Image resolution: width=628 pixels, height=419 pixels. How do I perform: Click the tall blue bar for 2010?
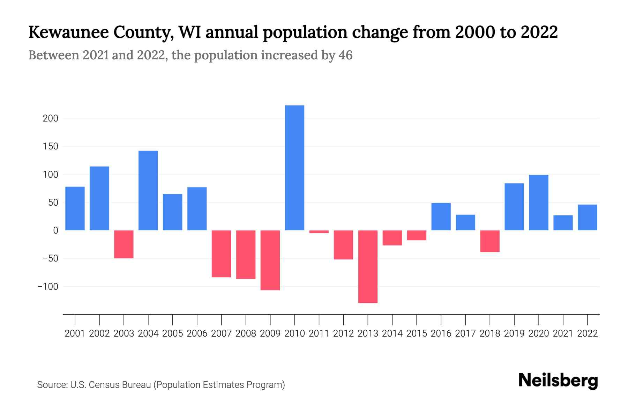coord(294,168)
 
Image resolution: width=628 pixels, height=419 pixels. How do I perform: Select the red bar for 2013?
coord(368,266)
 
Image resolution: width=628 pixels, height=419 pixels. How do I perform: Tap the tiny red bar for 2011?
coord(319,232)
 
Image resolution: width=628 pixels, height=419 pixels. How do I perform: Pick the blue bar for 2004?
coord(148,190)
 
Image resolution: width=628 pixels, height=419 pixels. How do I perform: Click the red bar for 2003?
coord(124,244)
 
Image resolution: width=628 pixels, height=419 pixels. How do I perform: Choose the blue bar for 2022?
coord(588,217)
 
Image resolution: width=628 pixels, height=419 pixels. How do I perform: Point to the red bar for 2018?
coord(490,241)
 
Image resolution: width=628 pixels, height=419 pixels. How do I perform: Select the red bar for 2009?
coord(270,260)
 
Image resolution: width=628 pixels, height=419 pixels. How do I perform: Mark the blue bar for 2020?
coord(539,203)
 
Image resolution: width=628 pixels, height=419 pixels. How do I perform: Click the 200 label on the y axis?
coord(51,118)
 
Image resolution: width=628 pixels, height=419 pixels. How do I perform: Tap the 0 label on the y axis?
coord(55,230)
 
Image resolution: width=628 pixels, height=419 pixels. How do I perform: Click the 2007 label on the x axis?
coord(222,333)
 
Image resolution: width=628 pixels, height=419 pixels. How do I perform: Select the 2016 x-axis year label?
coord(441,333)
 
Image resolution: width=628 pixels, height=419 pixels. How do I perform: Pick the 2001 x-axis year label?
coord(75,333)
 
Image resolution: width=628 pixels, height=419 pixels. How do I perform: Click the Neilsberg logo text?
coord(558,381)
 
